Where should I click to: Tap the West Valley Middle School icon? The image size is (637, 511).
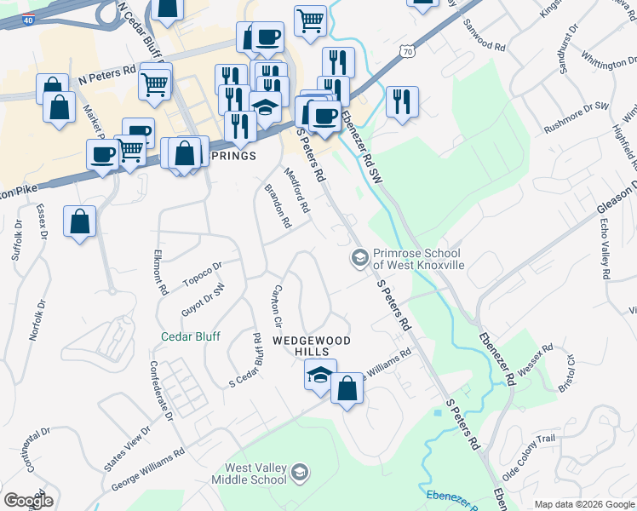300,472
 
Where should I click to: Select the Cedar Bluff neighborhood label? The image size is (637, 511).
191,336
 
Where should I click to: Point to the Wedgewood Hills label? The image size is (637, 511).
312,341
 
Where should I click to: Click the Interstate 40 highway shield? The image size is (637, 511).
29,19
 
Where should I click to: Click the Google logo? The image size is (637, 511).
29,501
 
